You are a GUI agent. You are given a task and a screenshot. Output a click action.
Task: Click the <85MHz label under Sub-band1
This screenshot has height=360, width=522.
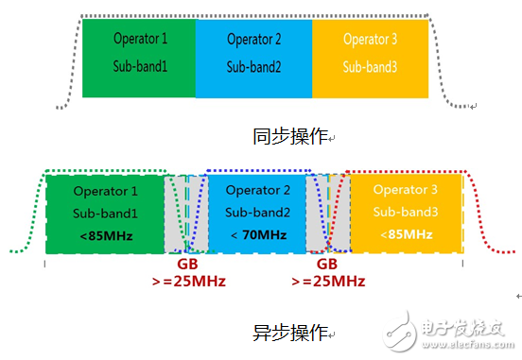(x=105, y=234)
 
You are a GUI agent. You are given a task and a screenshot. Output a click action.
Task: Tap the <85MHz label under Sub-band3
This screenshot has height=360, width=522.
(x=406, y=234)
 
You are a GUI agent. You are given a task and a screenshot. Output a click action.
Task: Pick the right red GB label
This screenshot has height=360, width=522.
(x=327, y=266)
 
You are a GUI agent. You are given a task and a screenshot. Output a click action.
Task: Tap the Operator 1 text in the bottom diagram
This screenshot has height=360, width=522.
(x=105, y=191)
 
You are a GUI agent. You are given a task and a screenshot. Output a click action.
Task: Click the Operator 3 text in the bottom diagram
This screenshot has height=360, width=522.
(x=406, y=191)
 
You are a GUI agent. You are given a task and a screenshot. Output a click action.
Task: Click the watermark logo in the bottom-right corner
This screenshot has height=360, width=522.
(x=463, y=334)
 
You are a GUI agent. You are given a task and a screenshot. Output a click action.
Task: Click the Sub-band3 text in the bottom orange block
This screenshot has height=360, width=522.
(x=406, y=212)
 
